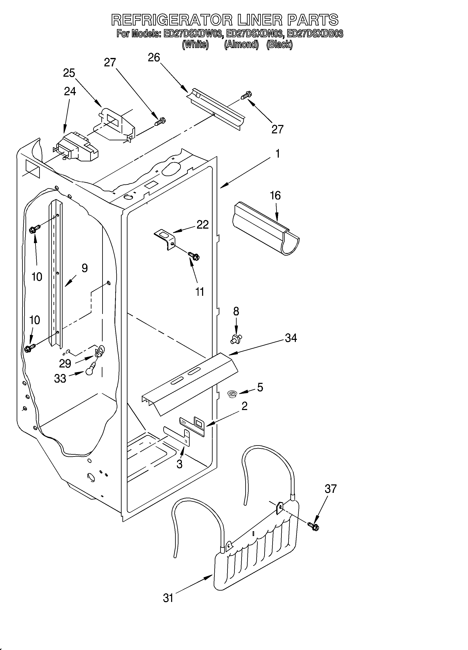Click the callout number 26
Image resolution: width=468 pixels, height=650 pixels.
[154, 58]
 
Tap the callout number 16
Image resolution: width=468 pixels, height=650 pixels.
[275, 196]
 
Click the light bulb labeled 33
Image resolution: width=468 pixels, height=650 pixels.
[90, 371]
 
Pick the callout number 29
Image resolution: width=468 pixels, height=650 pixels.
[65, 363]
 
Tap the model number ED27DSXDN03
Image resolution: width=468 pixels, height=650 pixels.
[255, 34]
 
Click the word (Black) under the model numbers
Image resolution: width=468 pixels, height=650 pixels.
[279, 45]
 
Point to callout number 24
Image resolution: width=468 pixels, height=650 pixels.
[70, 91]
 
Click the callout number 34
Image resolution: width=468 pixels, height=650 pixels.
[291, 338]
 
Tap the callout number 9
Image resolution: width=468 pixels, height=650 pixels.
[84, 268]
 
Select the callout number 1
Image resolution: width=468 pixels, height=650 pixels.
[278, 154]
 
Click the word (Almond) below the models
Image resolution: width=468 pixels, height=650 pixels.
[241, 45]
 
